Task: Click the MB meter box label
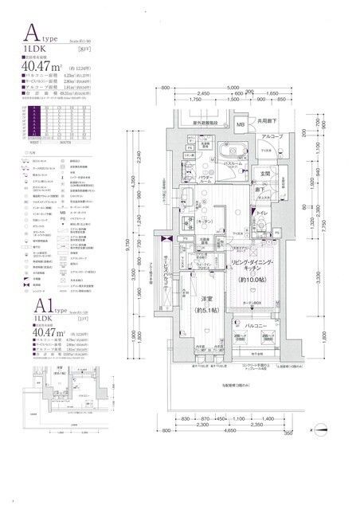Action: [240, 125]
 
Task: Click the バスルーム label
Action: [232, 163]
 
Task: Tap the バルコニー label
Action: [256, 326]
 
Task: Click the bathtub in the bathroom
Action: [211, 150]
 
